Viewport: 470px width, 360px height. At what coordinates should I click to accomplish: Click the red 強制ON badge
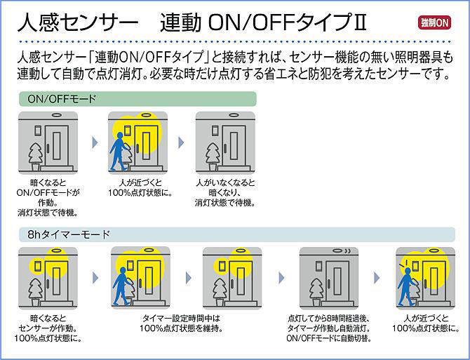[x=435, y=23]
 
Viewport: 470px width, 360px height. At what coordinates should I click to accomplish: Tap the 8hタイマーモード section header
[x=64, y=234]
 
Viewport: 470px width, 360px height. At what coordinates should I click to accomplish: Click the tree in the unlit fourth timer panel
[x=316, y=288]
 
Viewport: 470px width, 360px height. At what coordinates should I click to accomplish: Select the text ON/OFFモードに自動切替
[x=328, y=338]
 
